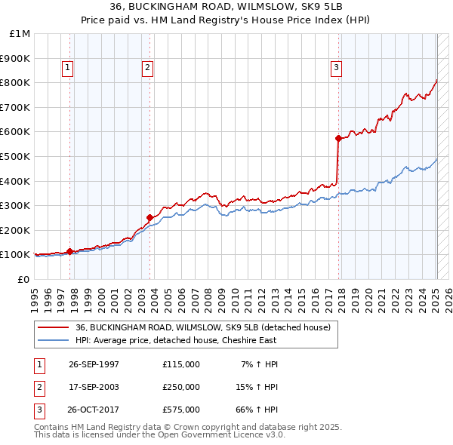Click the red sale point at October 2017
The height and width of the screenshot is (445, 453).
coord(338,138)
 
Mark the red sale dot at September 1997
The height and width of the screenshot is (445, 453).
coord(70,251)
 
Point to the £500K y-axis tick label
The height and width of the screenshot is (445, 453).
coord(17,157)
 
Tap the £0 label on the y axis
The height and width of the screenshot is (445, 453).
coord(23,280)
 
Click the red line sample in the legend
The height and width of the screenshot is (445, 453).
coord(55,328)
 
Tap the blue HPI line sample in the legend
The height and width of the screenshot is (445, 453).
coord(55,341)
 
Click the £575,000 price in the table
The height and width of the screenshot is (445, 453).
coord(180,410)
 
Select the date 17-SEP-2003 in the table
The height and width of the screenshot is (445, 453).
coord(94,387)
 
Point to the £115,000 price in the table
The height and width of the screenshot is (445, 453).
coord(180,364)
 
